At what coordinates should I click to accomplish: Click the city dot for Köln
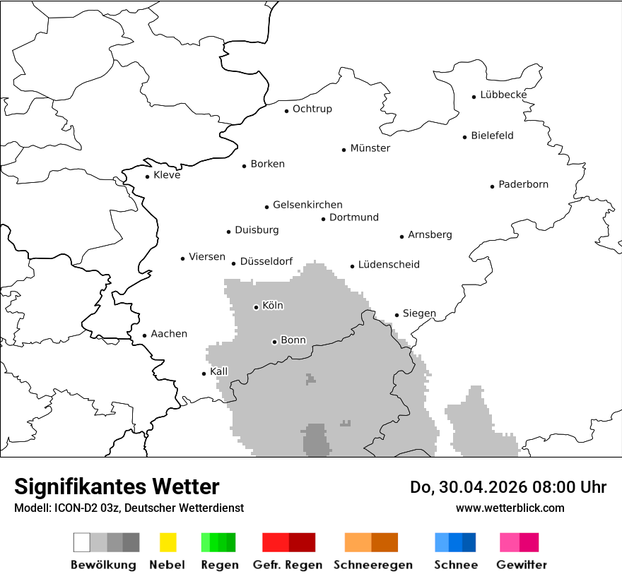(256, 307)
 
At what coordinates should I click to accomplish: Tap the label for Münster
(370, 148)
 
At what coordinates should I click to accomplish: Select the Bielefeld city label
(492, 136)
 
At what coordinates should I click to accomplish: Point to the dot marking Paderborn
(492, 186)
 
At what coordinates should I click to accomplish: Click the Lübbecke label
(503, 95)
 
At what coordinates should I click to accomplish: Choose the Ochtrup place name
(312, 109)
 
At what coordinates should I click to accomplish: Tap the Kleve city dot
(147, 177)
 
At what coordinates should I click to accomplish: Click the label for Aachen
(169, 334)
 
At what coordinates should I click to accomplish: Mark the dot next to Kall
(204, 373)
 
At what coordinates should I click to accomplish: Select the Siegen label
(419, 313)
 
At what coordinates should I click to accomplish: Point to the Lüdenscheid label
(389, 265)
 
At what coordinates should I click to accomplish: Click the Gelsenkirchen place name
(307, 205)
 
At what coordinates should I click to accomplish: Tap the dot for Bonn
(274, 342)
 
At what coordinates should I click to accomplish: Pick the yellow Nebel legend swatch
(168, 542)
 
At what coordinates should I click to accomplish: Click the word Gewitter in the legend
(522, 565)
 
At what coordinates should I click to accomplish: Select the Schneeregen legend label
(373, 565)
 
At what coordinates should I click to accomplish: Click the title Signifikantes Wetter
(117, 486)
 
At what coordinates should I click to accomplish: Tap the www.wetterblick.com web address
(510, 508)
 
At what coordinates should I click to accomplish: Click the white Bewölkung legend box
(81, 542)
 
